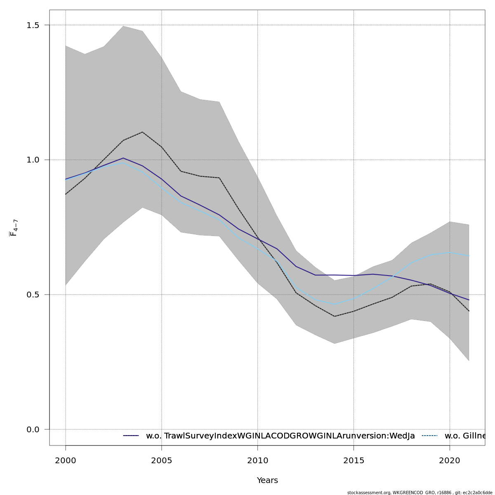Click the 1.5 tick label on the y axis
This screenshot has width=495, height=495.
33,25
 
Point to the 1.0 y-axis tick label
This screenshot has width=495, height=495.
33,160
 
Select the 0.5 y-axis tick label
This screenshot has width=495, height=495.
33,295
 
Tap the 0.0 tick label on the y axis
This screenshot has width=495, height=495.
33,429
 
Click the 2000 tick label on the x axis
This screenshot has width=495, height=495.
66,461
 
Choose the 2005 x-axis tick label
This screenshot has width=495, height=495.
162,461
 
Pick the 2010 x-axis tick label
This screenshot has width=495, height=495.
258,461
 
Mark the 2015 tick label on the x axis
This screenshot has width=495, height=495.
354,461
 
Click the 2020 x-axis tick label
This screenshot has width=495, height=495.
450,461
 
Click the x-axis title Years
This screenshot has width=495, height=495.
267,481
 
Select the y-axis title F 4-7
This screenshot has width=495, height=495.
14,228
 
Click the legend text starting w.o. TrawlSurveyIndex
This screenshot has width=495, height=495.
280,436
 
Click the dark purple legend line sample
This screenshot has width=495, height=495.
131,436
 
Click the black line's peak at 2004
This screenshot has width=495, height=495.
142,132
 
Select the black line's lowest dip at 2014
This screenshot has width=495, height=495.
335,316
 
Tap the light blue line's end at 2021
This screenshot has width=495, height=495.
469,256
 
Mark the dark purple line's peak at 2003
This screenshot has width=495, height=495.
123,158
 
